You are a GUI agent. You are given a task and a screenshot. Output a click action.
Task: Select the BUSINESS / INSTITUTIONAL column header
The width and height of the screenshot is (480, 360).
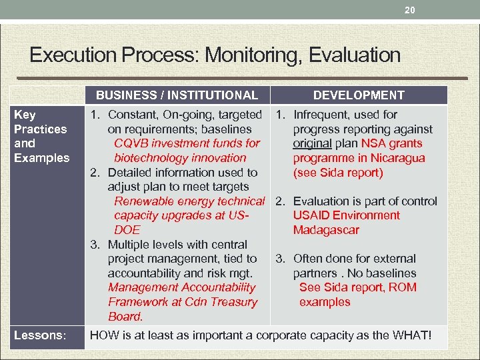click(177, 95)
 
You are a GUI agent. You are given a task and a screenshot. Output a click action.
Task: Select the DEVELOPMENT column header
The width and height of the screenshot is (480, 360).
click(359, 95)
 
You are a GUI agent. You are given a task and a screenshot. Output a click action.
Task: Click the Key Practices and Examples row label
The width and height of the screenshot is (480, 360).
click(41, 136)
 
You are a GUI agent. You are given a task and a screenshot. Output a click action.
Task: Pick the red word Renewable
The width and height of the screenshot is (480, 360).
click(142, 201)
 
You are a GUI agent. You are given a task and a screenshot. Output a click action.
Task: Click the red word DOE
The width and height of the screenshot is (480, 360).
click(127, 230)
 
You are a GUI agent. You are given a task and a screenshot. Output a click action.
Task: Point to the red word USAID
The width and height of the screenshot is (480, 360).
click(313, 215)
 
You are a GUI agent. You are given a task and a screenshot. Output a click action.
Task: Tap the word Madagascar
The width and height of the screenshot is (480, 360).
click(326, 230)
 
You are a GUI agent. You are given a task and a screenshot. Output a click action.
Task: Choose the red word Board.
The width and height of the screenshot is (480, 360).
click(125, 317)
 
